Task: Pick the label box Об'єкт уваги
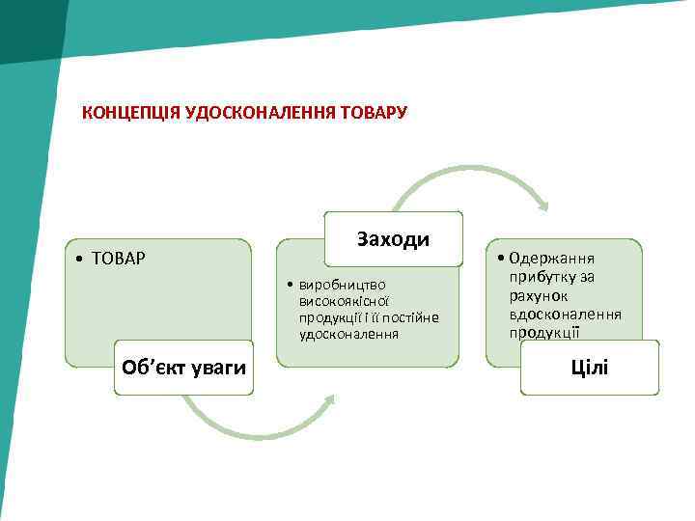pos(183,368)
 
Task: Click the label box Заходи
pos(393,239)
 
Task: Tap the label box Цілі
pos(590,368)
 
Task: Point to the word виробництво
pos(343,285)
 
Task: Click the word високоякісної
pos(343,301)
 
